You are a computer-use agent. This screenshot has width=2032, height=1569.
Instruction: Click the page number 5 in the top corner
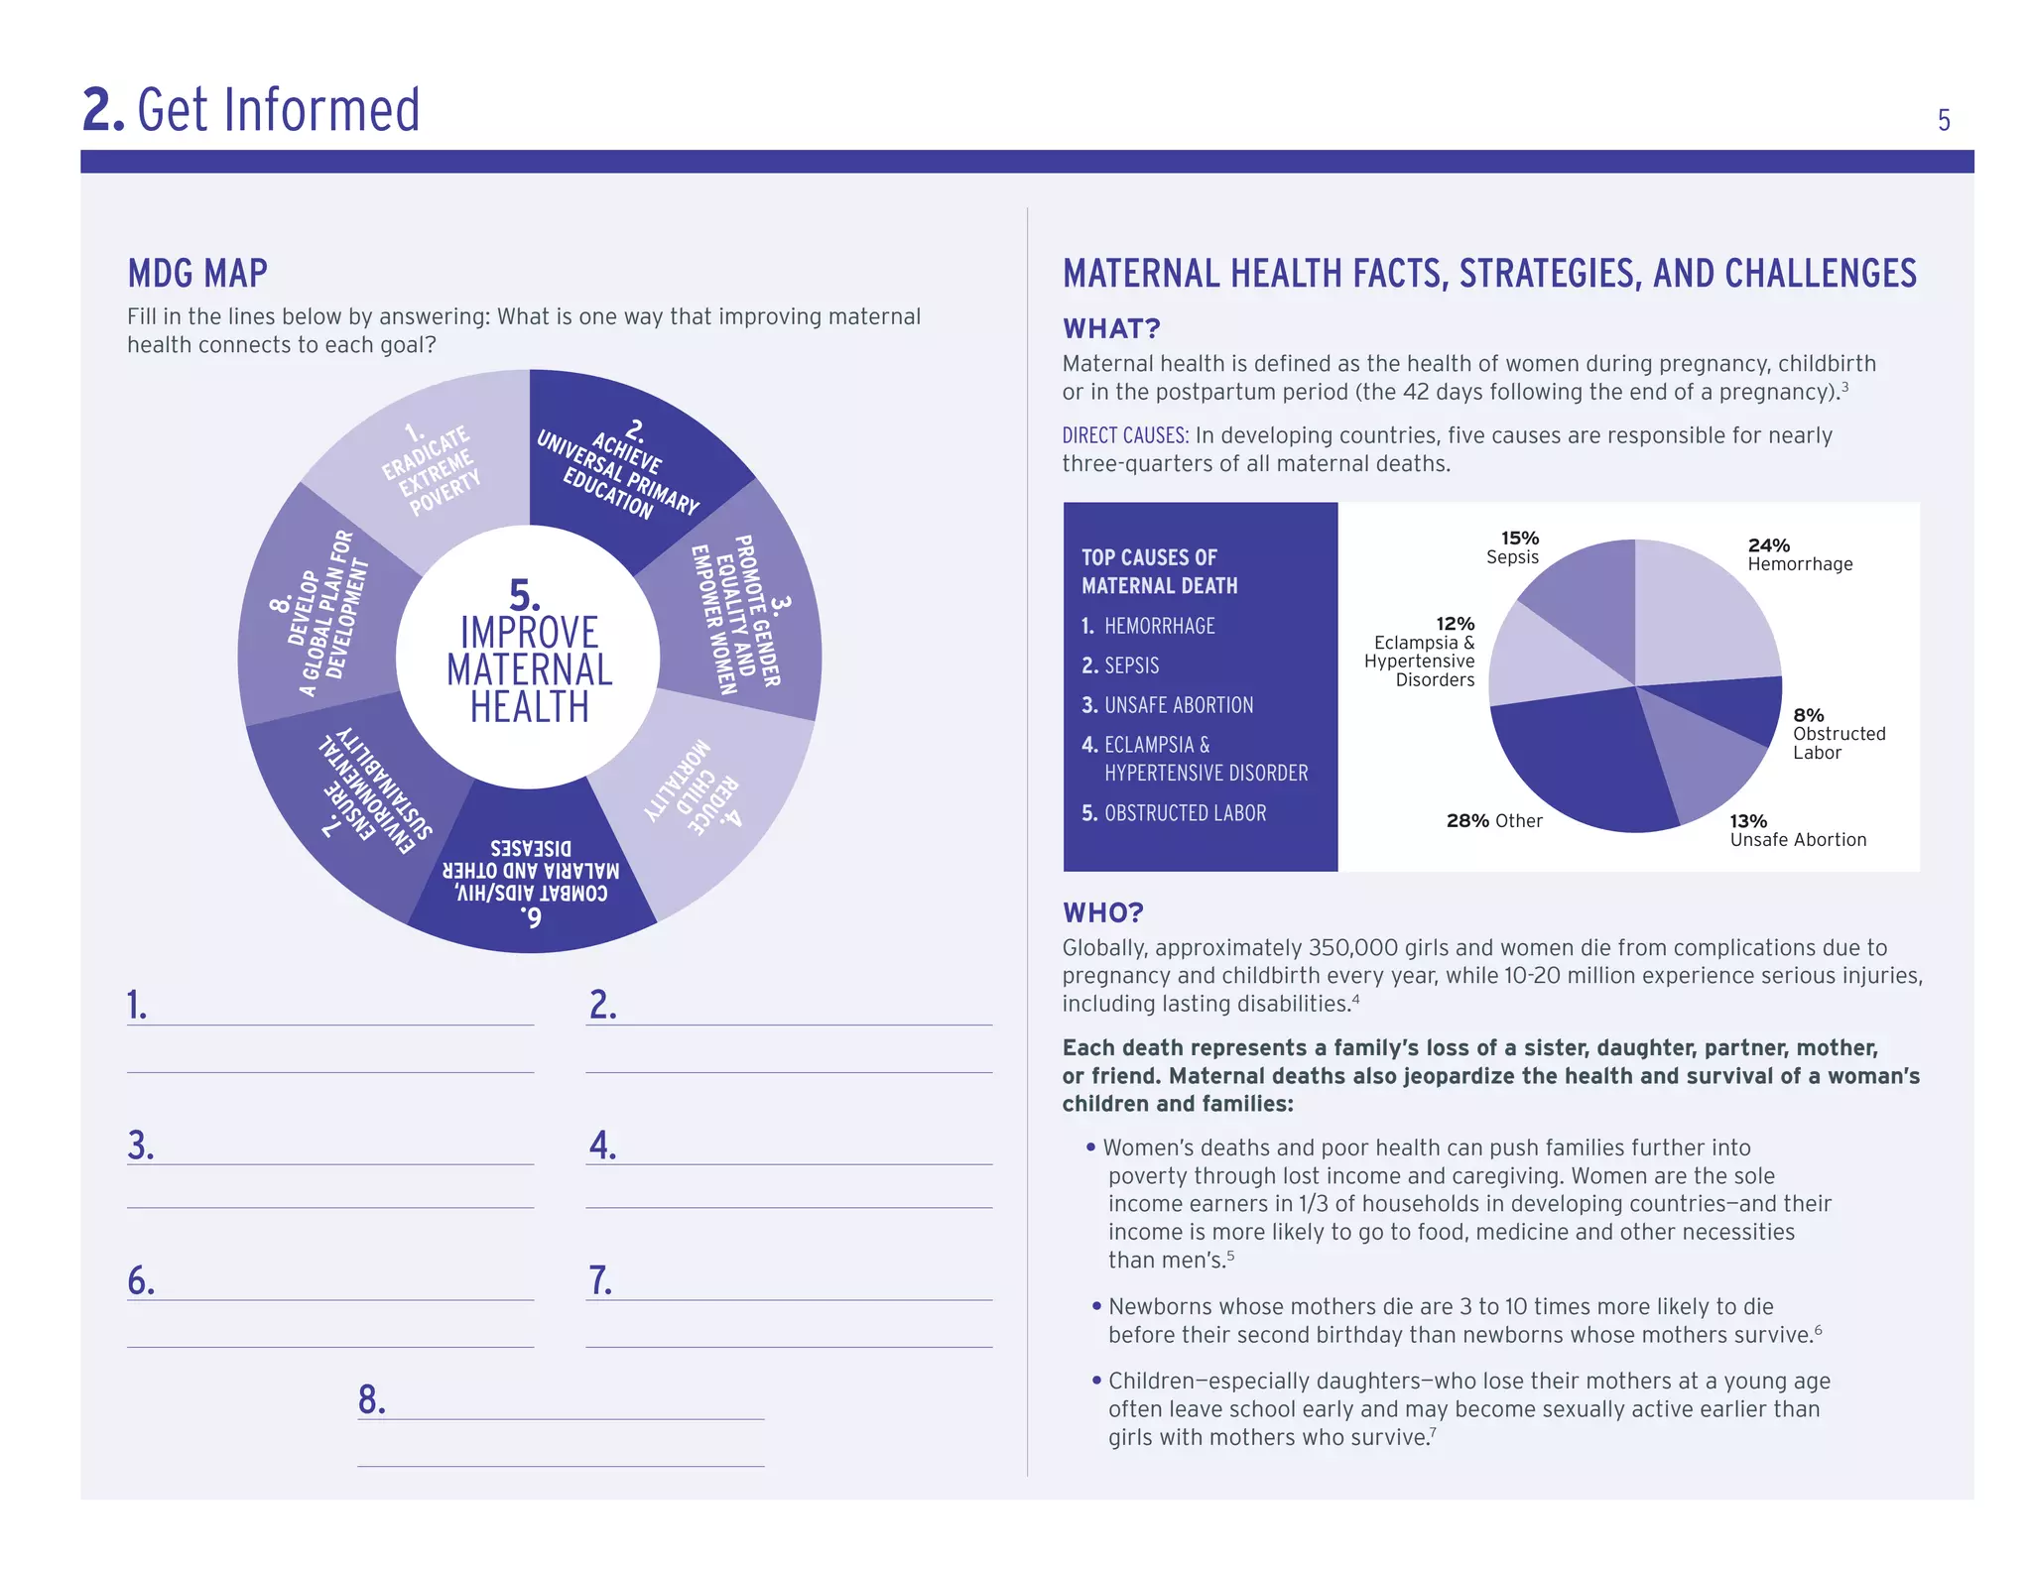[x=1943, y=121]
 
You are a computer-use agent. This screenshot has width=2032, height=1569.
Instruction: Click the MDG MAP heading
[x=197, y=274]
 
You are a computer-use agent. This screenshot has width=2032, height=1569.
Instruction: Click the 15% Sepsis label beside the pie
[x=1513, y=547]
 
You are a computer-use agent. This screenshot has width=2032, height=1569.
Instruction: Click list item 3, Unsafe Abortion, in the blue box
[x=1168, y=705]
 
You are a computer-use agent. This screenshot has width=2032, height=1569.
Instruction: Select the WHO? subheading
[x=1103, y=912]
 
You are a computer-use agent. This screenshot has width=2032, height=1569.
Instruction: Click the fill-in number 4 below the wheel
[x=602, y=1146]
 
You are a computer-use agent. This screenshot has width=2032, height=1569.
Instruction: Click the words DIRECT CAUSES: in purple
[x=1124, y=435]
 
